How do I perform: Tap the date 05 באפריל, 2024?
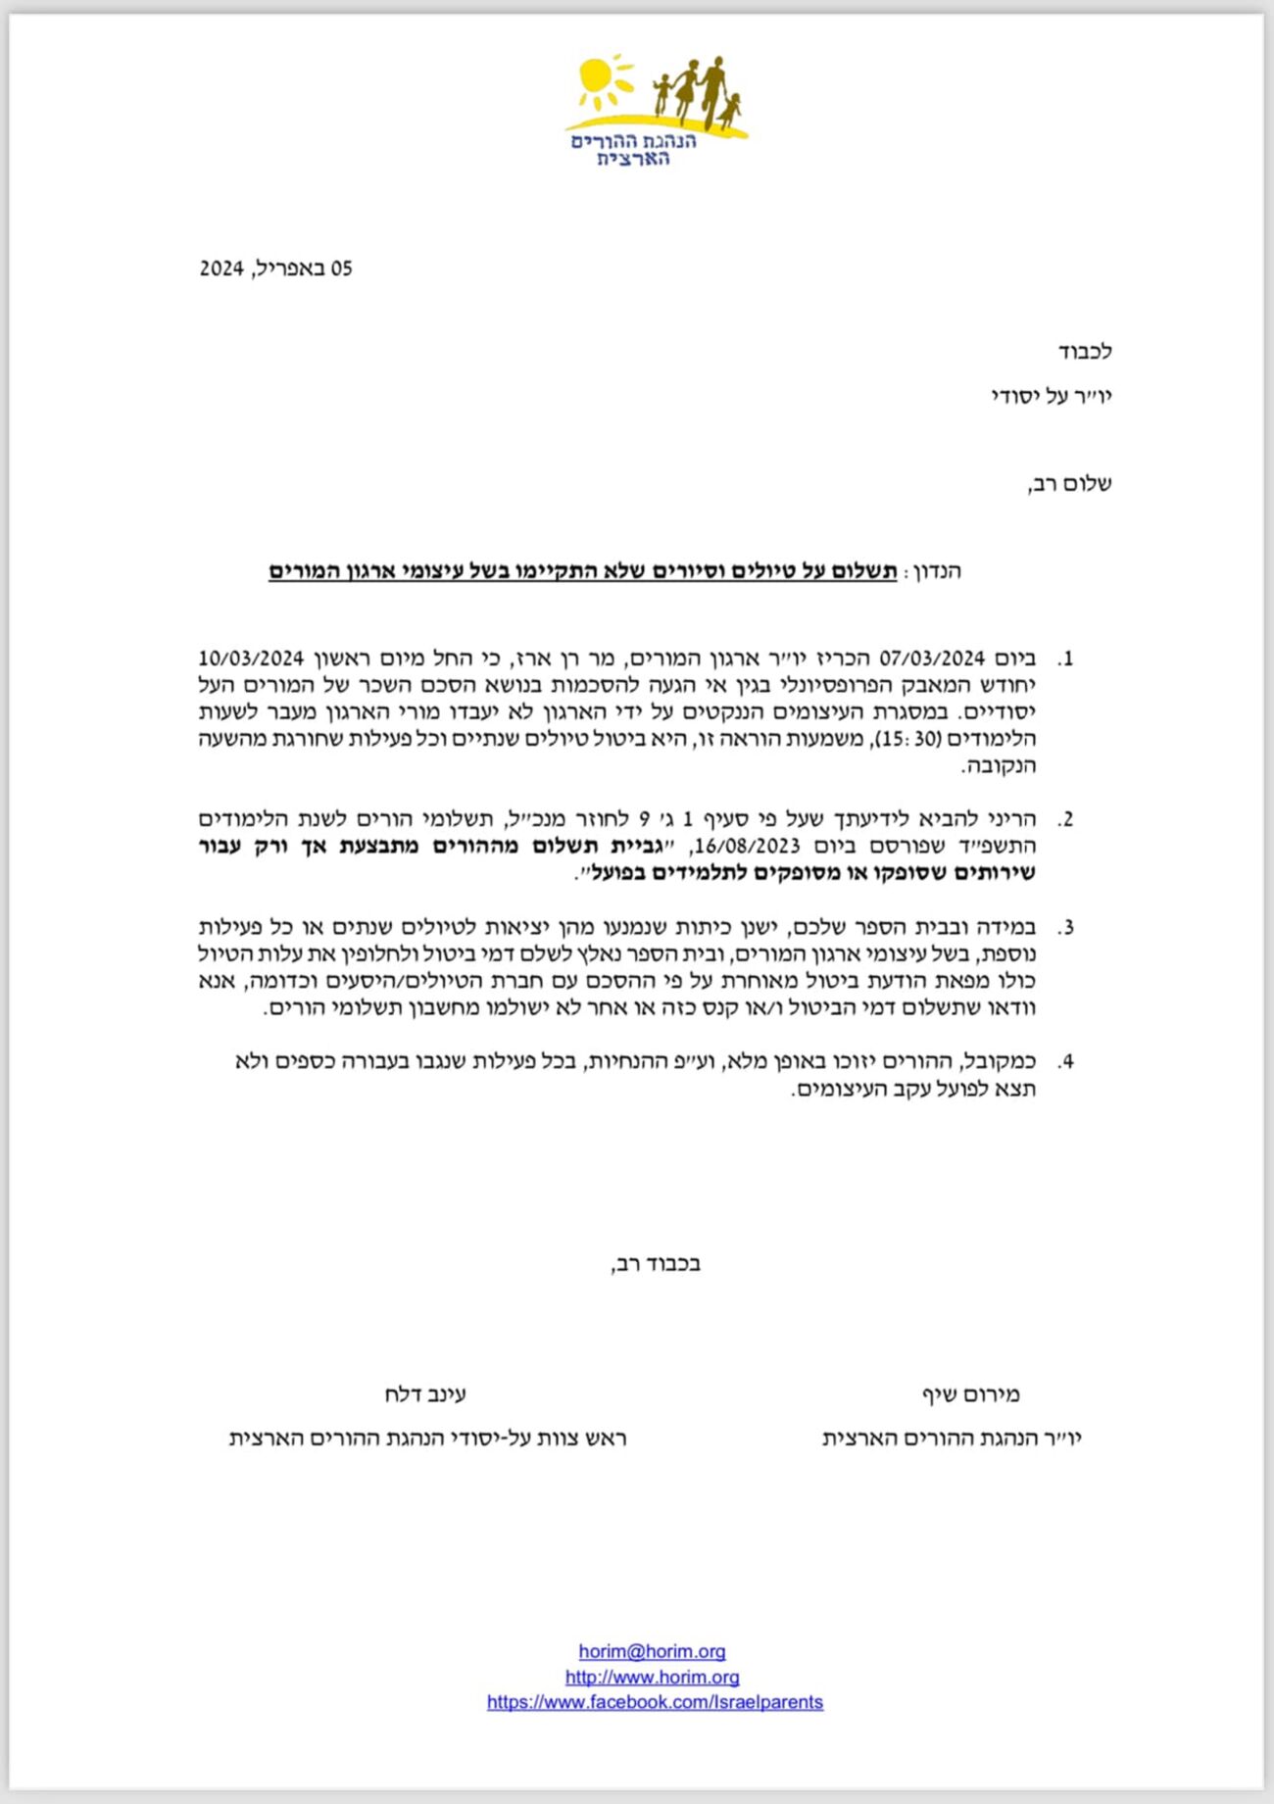(275, 268)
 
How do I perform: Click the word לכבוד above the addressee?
(1084, 352)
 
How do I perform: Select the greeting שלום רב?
(1069, 484)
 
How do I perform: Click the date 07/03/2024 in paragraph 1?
(931, 658)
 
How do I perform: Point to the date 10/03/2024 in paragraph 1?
(252, 658)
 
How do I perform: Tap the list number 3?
(1066, 927)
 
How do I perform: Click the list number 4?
(1066, 1061)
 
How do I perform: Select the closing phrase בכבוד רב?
(656, 1264)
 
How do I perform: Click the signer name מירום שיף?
(970, 1394)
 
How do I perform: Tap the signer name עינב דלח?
(425, 1394)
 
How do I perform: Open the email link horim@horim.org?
(652, 1651)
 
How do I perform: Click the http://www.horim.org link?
(652, 1677)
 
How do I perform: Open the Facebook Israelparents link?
(655, 1702)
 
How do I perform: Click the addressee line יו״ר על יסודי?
(1051, 397)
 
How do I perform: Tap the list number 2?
(1066, 819)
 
